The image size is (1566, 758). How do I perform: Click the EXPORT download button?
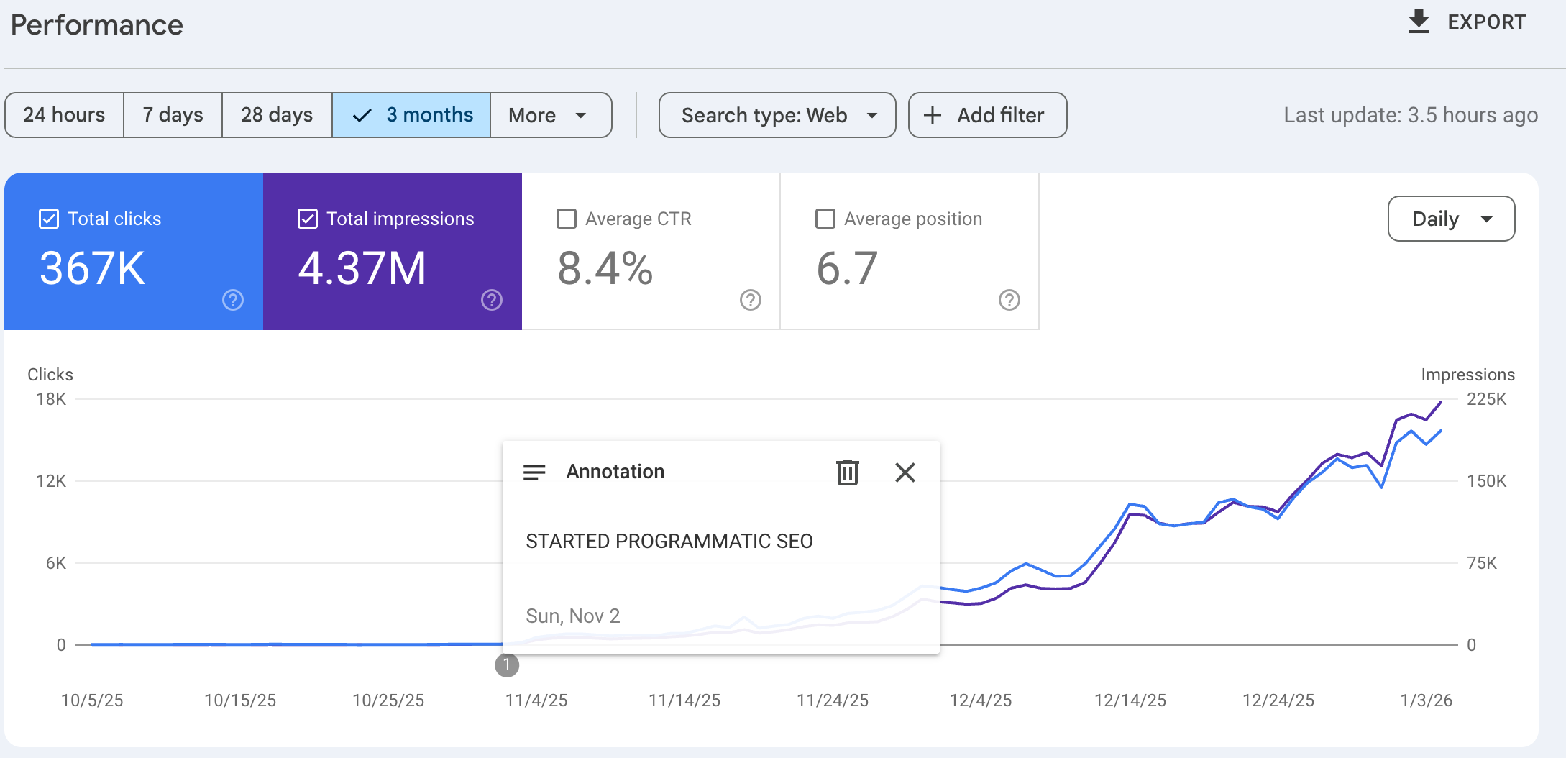(x=1467, y=22)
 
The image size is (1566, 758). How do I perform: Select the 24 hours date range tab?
(x=64, y=115)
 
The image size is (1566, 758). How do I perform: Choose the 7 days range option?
(x=173, y=115)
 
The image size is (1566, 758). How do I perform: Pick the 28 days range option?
(x=277, y=115)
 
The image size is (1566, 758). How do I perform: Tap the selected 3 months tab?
(x=411, y=115)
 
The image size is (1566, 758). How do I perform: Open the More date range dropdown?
(x=550, y=115)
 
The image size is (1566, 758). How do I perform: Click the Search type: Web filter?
(x=777, y=115)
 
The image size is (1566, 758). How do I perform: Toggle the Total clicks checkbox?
(x=49, y=219)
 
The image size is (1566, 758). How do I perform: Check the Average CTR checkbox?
(x=567, y=219)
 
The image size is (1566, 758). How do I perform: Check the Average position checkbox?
(x=825, y=219)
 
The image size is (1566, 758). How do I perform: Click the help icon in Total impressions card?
(x=492, y=300)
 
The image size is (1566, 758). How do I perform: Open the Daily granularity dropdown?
(x=1451, y=219)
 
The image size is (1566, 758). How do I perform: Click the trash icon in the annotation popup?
(x=848, y=472)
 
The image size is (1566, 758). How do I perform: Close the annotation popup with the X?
(x=905, y=472)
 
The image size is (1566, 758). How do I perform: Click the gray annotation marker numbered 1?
(x=507, y=665)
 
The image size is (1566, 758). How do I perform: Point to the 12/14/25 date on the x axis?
(x=1130, y=700)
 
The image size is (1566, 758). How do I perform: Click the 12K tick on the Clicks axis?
(x=51, y=481)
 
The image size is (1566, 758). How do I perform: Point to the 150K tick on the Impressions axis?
(x=1486, y=481)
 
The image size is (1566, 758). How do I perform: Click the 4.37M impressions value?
(x=362, y=268)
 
